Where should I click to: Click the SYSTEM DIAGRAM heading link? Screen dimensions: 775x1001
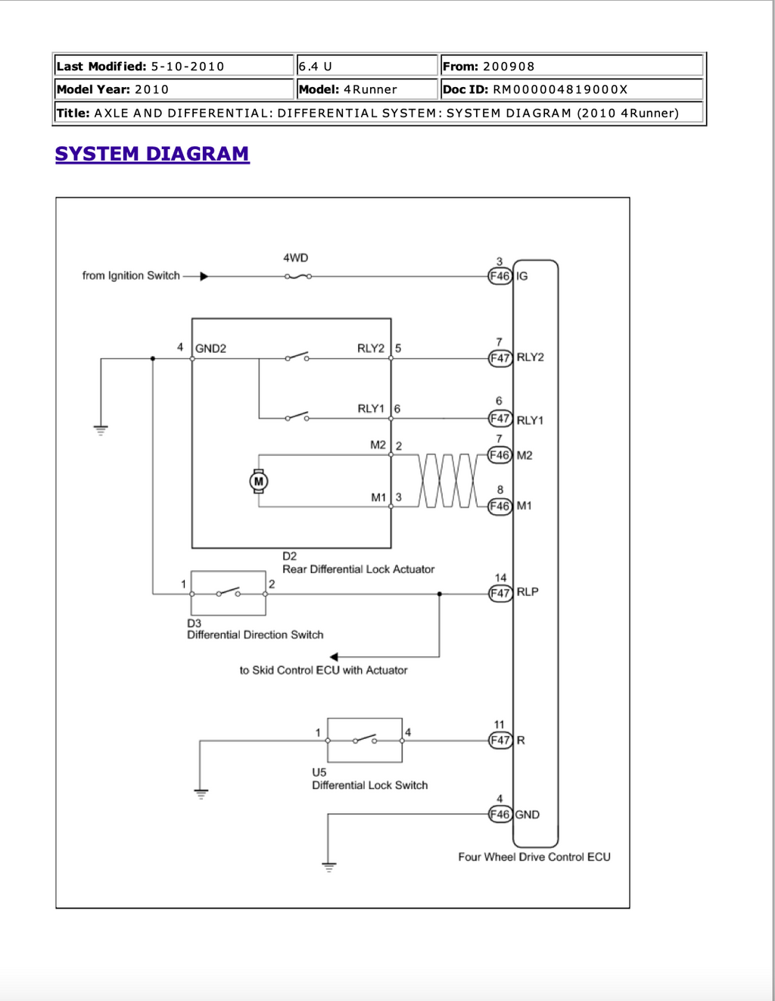point(152,154)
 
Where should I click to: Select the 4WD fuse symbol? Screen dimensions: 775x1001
point(297,276)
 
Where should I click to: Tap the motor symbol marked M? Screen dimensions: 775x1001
point(259,482)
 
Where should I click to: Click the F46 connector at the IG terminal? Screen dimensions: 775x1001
point(500,276)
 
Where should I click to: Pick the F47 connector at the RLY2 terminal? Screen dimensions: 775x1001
point(500,358)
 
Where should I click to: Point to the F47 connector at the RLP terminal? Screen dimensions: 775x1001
point(500,594)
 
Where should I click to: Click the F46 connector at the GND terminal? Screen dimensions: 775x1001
point(500,815)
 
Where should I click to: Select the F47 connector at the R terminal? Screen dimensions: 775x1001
point(500,741)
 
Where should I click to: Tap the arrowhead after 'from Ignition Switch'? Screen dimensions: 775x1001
point(204,276)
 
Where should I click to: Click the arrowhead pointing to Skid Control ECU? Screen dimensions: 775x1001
point(334,657)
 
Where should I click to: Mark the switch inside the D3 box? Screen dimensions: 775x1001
point(229,592)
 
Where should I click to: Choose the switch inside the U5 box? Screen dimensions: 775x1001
point(365,739)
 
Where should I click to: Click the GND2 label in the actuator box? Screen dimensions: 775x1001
point(210,348)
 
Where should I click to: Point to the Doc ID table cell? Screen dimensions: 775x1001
point(572,89)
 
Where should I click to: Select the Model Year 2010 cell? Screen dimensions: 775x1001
point(174,89)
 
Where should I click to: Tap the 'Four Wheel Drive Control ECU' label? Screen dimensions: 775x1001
point(534,857)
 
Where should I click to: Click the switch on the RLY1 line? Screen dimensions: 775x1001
point(297,416)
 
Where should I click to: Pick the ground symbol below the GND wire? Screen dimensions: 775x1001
point(329,867)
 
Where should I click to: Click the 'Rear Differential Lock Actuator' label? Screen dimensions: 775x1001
point(359,569)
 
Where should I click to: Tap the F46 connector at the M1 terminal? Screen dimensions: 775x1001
point(500,507)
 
